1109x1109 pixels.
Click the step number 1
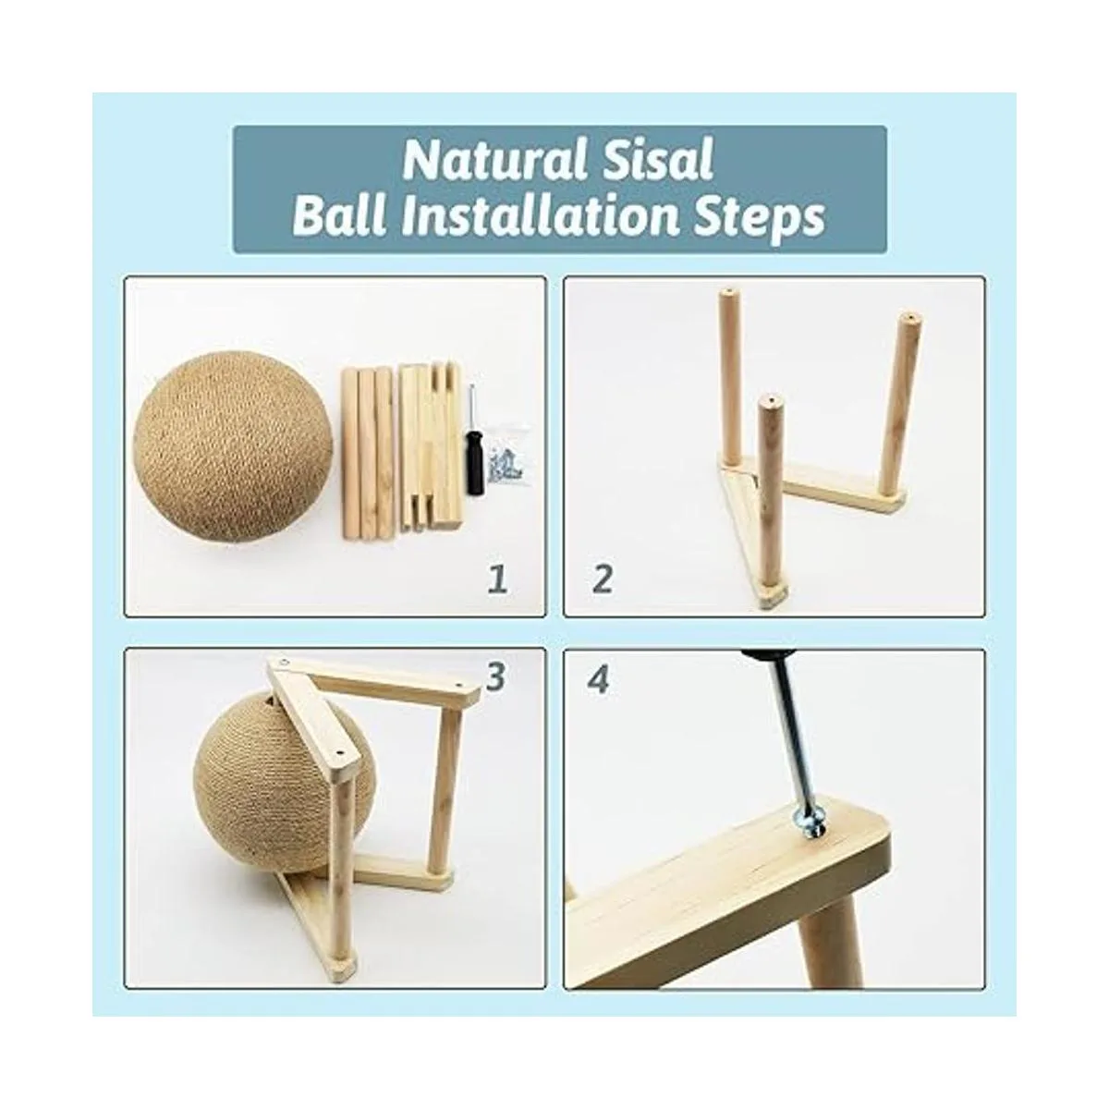498,579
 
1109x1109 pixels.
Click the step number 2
602,579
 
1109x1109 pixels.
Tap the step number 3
495,677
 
